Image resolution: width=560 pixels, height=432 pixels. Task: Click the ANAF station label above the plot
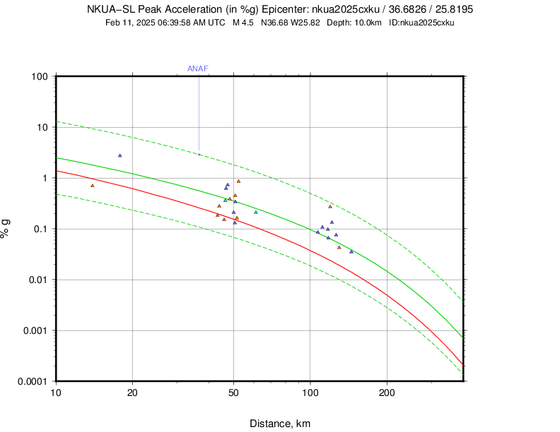pyautogui.click(x=197, y=68)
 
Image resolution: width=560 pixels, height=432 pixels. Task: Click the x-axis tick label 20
pyautogui.click(x=132, y=392)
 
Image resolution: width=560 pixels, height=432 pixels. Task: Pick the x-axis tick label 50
pyautogui.click(x=234, y=392)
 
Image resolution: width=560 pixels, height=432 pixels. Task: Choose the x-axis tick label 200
pyautogui.click(x=387, y=392)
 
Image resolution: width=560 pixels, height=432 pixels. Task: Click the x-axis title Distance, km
pyautogui.click(x=280, y=424)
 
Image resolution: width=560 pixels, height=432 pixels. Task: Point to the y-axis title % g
pyautogui.click(x=6, y=229)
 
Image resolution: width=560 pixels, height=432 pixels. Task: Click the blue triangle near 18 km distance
pyautogui.click(x=120, y=155)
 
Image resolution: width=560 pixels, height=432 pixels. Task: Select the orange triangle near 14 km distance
pyautogui.click(x=93, y=186)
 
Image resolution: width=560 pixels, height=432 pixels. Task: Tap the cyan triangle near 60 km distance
pyautogui.click(x=256, y=212)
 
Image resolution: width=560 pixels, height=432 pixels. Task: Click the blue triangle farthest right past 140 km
pyautogui.click(x=351, y=251)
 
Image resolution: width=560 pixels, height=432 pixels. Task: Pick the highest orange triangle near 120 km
pyautogui.click(x=330, y=206)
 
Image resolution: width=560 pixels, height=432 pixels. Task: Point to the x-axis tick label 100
pyautogui.click(x=310, y=392)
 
